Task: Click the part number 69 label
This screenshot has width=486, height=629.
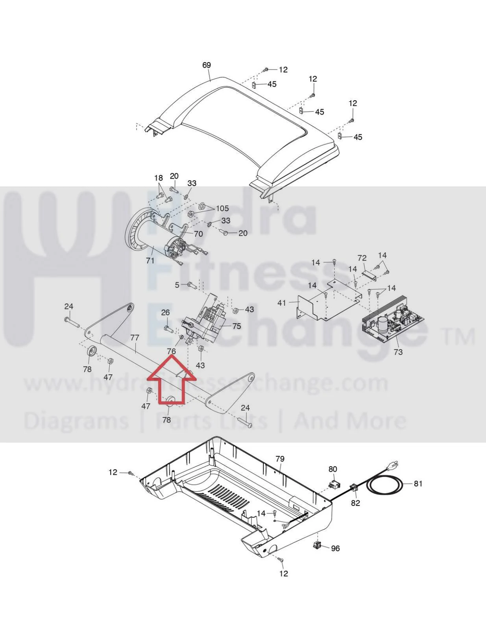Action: click(x=206, y=65)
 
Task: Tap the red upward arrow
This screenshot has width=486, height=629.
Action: click(x=171, y=380)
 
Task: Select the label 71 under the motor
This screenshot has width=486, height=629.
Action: click(x=150, y=260)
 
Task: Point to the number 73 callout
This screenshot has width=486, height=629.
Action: click(x=398, y=352)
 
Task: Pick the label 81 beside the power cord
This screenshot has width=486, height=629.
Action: click(x=418, y=483)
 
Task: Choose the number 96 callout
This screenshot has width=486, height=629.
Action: click(x=335, y=548)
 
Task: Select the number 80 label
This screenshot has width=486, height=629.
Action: click(x=333, y=469)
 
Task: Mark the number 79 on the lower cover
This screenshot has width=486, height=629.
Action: click(x=280, y=459)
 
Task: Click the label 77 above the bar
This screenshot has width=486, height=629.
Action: click(x=135, y=338)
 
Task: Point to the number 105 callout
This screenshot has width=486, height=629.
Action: click(x=222, y=208)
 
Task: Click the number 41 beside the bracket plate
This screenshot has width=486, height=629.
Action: click(x=282, y=303)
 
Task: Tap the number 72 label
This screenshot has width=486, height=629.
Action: click(x=362, y=258)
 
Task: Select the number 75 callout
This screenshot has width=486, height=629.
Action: click(x=237, y=326)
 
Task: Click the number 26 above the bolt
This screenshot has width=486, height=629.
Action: click(x=165, y=313)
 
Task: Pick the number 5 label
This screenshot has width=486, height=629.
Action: click(x=177, y=285)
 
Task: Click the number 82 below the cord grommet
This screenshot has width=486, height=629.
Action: click(x=355, y=503)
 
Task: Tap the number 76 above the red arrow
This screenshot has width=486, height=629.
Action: click(x=171, y=351)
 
